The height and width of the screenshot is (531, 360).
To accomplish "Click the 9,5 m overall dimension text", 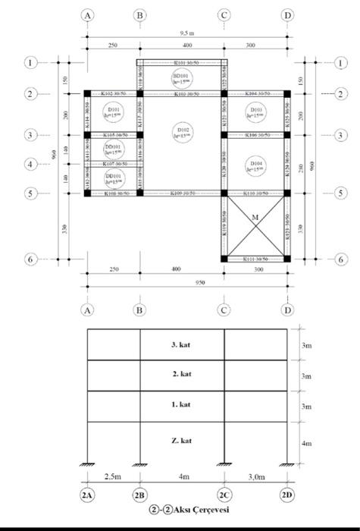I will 187,33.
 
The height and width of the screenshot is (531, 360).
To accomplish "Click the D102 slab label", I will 183,133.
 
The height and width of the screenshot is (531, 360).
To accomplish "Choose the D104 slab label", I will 256,165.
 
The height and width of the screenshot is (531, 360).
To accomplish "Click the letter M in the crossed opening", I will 255,217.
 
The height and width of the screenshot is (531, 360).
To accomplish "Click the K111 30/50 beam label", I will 256,259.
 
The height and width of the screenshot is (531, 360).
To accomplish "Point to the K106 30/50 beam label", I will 256,135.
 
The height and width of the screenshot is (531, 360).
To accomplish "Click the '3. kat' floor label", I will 181,344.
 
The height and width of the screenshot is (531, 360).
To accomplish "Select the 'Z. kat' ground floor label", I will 181,440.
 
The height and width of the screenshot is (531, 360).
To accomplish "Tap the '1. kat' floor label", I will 181,406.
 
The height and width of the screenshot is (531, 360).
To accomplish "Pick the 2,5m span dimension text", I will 112,476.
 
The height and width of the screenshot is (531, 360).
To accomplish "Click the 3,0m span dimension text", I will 256,476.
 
